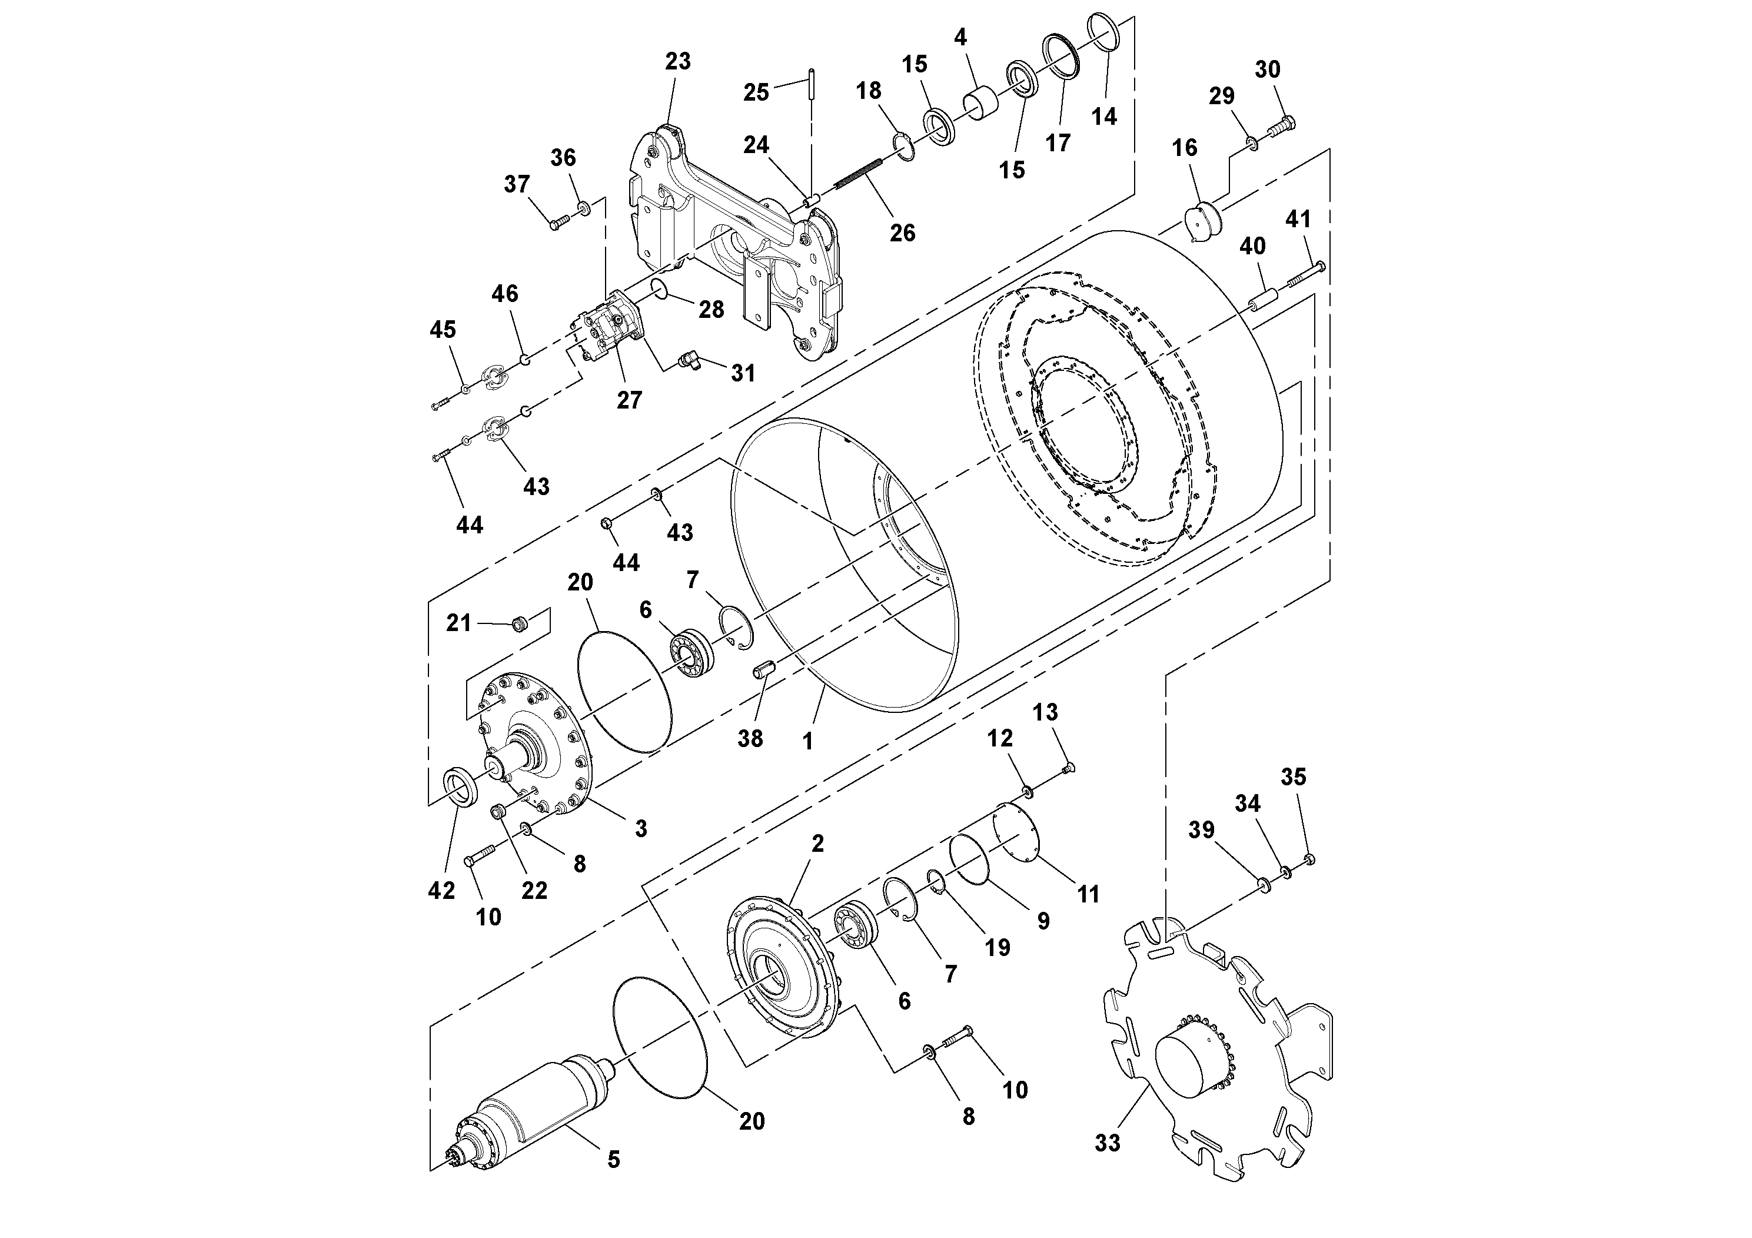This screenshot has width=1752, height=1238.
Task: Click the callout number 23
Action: (x=677, y=61)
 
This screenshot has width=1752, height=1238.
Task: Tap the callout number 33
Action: (x=1107, y=1143)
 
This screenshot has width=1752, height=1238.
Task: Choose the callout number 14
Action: (x=1103, y=117)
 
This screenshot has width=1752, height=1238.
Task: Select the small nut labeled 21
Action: (x=518, y=625)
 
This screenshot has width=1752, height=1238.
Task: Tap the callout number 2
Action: (x=817, y=844)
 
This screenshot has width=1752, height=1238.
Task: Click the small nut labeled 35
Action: (x=1310, y=860)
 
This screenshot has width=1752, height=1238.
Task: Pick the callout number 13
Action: (x=1045, y=712)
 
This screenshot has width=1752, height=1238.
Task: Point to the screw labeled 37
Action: (x=558, y=223)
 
